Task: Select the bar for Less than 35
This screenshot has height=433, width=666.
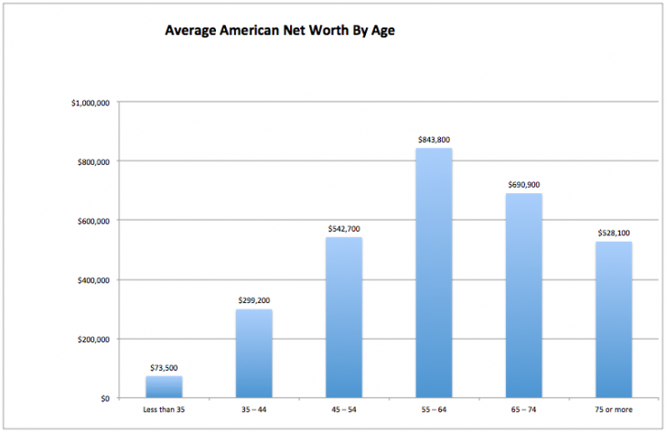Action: tap(164, 387)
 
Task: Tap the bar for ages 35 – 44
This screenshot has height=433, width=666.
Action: tap(253, 353)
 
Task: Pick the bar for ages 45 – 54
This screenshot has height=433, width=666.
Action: tap(344, 318)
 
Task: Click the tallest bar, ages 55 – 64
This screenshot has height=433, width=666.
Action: tap(434, 273)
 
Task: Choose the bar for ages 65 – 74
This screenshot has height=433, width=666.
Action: tap(524, 296)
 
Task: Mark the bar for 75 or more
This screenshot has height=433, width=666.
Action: tap(614, 319)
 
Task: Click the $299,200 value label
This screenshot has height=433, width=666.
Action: tap(253, 300)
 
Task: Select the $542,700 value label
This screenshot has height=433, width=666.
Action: tap(344, 229)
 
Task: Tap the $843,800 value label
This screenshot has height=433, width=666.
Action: tap(434, 139)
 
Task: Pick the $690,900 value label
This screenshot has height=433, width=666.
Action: tap(524, 185)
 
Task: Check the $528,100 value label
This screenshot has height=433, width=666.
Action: tap(614, 233)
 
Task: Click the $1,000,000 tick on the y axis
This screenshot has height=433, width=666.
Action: tap(91, 103)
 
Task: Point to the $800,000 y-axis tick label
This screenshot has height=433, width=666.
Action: tap(93, 162)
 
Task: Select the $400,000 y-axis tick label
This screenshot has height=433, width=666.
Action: tap(93, 280)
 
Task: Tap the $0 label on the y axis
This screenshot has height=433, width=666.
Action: tap(105, 398)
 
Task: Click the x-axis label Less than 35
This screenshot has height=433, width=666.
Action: tap(164, 408)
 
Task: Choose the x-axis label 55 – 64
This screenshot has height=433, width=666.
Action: tap(434, 408)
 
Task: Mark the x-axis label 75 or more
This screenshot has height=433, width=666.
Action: tap(614, 408)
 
